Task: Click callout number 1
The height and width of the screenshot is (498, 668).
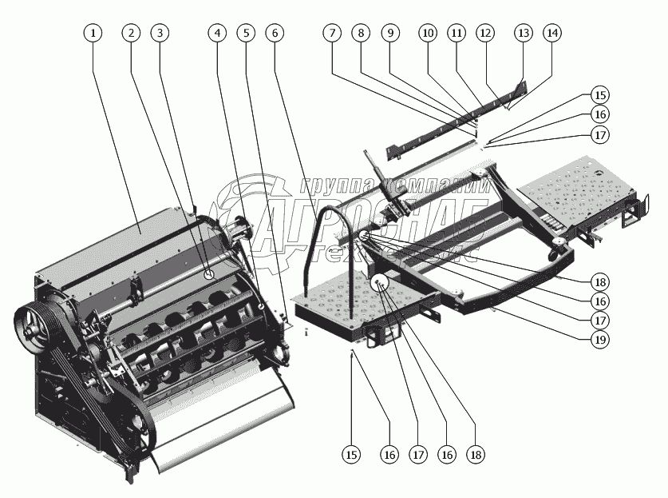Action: coord(94,34)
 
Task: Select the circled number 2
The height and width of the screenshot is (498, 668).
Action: coord(132,34)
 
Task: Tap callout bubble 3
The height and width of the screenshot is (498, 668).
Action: coord(161,34)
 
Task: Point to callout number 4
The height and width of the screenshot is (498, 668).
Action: coord(217,34)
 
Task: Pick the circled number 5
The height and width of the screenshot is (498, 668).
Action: coord(247,34)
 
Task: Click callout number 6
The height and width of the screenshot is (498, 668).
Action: coord(275,34)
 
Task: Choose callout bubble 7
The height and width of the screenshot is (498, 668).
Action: coord(332,34)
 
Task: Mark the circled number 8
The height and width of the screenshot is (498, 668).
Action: coord(362,34)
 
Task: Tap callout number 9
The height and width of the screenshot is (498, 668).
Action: coord(390,34)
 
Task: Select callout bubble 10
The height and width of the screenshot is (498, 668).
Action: coord(428,34)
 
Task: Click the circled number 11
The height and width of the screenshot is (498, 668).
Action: coord(456,34)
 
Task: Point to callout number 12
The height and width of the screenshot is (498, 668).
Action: coord(484,34)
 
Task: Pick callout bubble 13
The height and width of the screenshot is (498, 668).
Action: coord(523,34)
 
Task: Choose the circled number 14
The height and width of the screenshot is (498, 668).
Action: coord(551,34)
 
